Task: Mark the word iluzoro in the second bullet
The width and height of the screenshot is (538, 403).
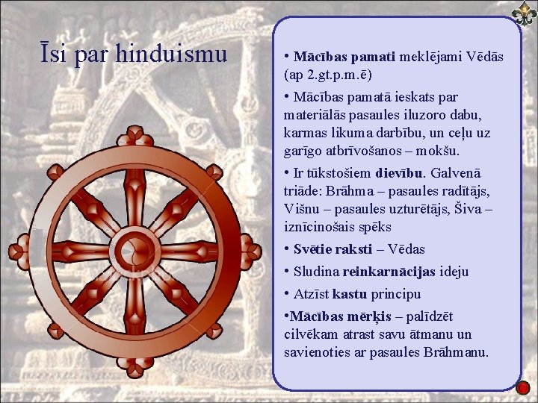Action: coord(402,115)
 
